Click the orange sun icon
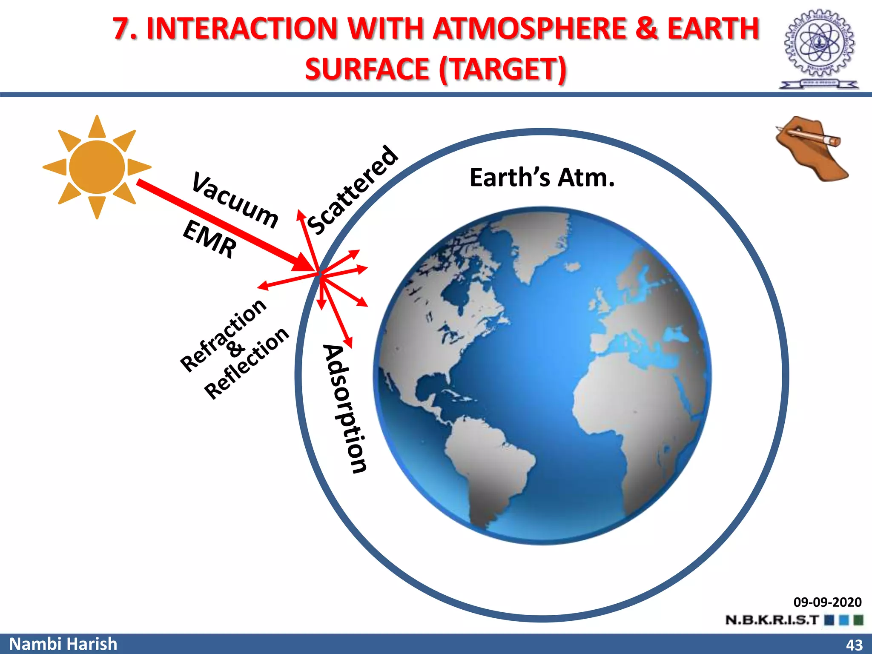pyautogui.click(x=97, y=167)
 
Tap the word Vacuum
pyautogui.click(x=235, y=200)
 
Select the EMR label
pyautogui.click(x=209, y=239)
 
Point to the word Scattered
pyautogui.click(x=353, y=190)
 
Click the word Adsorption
pyautogui.click(x=345, y=409)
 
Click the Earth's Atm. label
pyautogui.click(x=542, y=178)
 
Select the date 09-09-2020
pyautogui.click(x=827, y=602)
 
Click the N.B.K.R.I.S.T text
pyautogui.click(x=772, y=620)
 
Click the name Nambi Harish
pyautogui.click(x=63, y=644)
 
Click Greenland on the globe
pyautogui.click(x=541, y=243)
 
